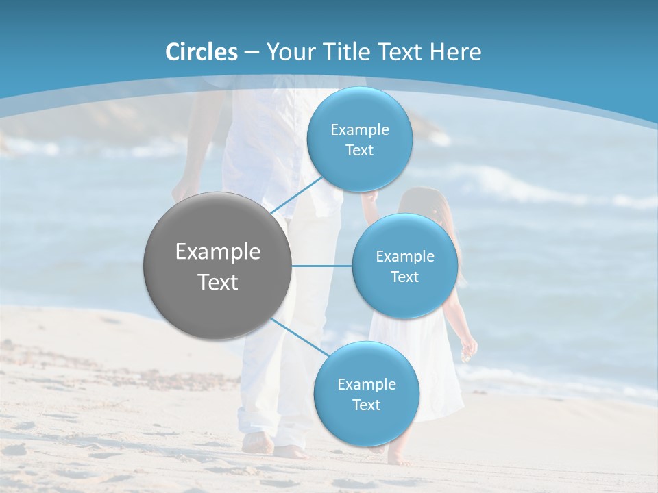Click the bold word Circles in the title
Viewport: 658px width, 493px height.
click(x=202, y=52)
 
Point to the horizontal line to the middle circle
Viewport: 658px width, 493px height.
click(x=321, y=266)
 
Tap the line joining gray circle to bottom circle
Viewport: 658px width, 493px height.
click(x=300, y=338)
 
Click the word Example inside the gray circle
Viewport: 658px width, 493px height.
click(x=218, y=252)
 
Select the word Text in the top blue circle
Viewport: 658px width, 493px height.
click(x=359, y=151)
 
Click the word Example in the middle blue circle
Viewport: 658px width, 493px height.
click(x=405, y=256)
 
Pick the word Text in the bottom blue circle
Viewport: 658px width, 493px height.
click(x=366, y=405)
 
